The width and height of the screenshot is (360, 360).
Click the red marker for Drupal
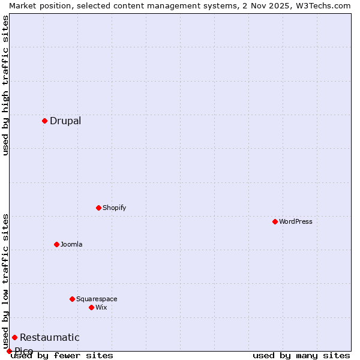click(x=44, y=121)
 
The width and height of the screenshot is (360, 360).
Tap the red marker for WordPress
click(x=275, y=221)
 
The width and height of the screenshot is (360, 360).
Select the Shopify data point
click(x=98, y=208)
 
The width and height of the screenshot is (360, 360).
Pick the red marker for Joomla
click(x=56, y=244)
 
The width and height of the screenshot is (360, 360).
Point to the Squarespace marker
click(x=72, y=299)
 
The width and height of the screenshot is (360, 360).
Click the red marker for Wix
click(x=91, y=307)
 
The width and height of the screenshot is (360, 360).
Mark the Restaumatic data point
click(x=14, y=337)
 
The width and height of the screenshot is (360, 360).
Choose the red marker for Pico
click(x=9, y=351)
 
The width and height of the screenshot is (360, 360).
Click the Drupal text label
click(x=65, y=121)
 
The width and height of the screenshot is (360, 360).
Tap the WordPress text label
click(x=296, y=221)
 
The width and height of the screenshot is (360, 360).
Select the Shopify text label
click(x=114, y=208)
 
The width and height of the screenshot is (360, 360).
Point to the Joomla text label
click(x=71, y=244)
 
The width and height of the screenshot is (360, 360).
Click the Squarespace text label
click(x=97, y=299)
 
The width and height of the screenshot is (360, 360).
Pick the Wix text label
click(x=101, y=307)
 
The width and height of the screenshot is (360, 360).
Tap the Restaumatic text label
click(x=49, y=338)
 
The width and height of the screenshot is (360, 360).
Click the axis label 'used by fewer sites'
click(x=62, y=355)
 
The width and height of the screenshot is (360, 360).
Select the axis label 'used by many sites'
click(x=301, y=355)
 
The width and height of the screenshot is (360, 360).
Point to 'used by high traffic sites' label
click(x=5, y=85)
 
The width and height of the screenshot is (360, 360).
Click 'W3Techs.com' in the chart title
click(x=328, y=5)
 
